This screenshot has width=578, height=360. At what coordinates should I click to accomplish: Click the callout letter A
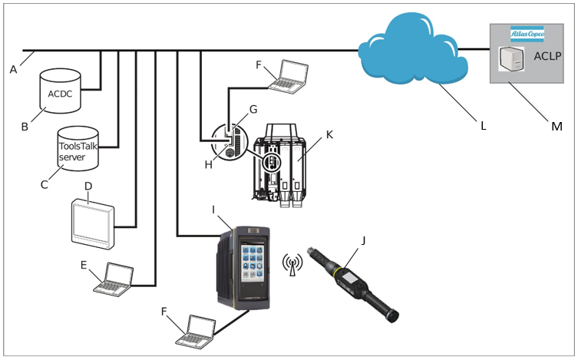13,70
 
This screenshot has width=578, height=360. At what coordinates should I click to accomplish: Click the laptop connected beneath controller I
197,331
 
